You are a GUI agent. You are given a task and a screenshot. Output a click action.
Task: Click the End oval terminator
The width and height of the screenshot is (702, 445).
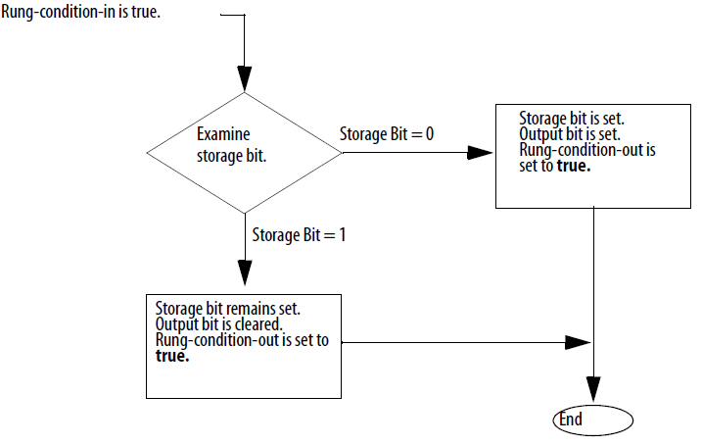[x=592, y=420]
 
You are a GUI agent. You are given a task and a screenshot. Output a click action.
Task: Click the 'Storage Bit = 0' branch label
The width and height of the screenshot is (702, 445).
[x=387, y=133]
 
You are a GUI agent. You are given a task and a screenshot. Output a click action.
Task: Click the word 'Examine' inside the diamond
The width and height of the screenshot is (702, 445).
[x=222, y=134]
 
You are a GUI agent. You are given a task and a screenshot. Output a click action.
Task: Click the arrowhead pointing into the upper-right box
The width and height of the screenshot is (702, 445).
[x=480, y=153]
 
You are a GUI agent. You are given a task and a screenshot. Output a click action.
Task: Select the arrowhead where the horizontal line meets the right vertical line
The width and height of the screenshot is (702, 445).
[x=578, y=342]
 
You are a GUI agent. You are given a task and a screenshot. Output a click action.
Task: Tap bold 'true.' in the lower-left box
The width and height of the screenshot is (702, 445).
[x=172, y=356]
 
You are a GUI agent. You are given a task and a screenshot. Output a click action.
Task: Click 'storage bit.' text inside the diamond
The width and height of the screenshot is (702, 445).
[x=231, y=155]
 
